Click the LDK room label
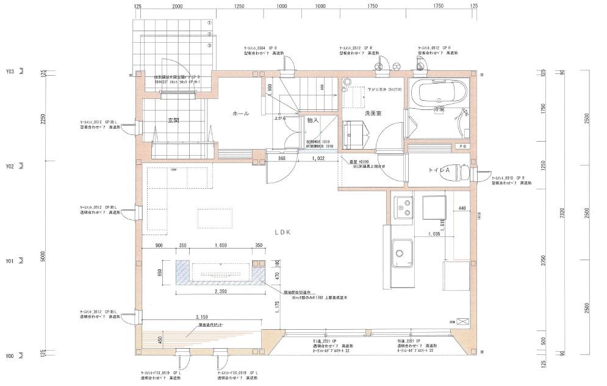[282, 232]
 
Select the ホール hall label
[240, 114]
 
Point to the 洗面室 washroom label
[373, 114]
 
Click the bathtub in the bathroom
[437, 93]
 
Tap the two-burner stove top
[403, 208]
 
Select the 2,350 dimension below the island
[221, 292]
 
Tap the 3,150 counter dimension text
[204, 317]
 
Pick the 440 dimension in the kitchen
[461, 208]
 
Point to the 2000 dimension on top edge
[177, 5]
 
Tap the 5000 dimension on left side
[42, 259]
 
